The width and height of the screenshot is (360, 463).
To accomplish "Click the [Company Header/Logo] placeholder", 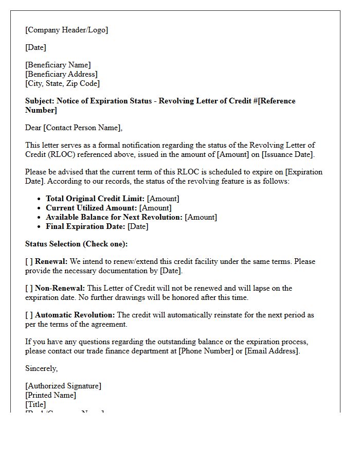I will (66, 30).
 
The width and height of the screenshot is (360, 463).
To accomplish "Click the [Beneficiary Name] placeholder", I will (58, 65).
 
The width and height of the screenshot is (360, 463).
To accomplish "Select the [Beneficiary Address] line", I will (61, 74).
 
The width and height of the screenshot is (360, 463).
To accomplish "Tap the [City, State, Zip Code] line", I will (62, 83).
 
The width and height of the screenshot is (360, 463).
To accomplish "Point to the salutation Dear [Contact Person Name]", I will (74, 128).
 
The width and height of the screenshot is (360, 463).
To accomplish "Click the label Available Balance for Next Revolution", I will (114, 217).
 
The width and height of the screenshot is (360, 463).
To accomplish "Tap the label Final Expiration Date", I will (85, 226).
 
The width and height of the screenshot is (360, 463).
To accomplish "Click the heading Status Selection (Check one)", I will (76, 244).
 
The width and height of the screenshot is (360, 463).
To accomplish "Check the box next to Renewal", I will (29, 261).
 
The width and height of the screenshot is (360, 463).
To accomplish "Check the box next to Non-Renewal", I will (29, 288).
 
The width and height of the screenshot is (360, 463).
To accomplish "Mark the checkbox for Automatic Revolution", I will (29, 315).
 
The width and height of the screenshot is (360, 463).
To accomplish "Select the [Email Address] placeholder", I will (271, 351).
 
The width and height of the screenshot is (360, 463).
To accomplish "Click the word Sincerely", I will (41, 368).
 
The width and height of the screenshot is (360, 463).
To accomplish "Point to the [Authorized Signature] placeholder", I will (63, 386).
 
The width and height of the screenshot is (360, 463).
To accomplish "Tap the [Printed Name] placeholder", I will (50, 395).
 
